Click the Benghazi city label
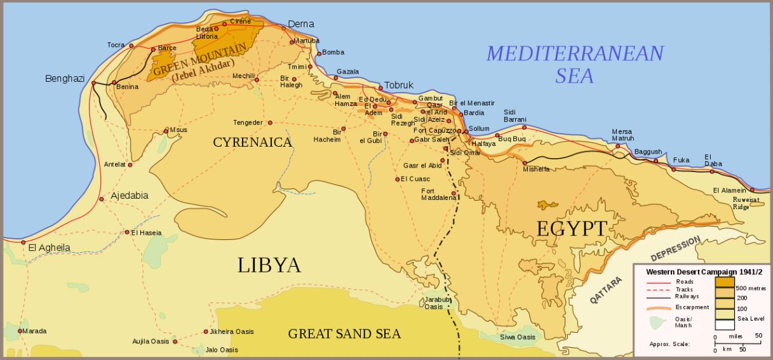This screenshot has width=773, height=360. (65, 79)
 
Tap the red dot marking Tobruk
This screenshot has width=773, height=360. (380, 89)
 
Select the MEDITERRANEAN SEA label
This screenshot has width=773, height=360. (575, 64)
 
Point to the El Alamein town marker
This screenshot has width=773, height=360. (752, 190)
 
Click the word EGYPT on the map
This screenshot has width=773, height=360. (572, 229)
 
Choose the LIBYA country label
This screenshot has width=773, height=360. (269, 265)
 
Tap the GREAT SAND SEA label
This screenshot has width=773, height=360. (344, 333)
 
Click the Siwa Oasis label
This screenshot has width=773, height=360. (517, 337)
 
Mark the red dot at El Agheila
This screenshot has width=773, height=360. (23, 243)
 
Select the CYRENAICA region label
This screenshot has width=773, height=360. (253, 142)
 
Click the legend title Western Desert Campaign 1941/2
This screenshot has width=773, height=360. (704, 271)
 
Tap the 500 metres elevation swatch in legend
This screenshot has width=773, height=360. (725, 282)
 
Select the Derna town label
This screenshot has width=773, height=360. (300, 24)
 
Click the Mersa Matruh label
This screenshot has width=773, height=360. (622, 135)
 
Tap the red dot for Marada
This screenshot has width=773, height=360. (20, 331)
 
